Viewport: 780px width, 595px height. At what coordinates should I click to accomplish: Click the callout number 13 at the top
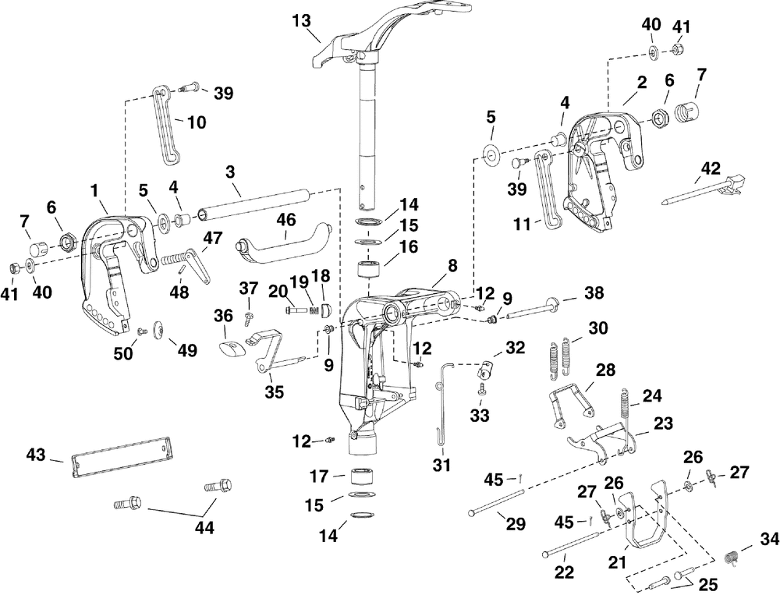tap(301, 21)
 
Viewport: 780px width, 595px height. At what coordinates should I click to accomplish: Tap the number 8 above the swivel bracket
tap(451, 265)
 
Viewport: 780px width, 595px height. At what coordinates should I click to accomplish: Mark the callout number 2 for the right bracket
tap(641, 83)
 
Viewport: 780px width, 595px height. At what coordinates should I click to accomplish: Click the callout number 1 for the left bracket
tap(94, 189)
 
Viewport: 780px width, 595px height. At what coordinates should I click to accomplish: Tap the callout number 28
tap(605, 370)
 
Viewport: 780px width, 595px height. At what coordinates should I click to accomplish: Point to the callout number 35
tap(274, 391)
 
